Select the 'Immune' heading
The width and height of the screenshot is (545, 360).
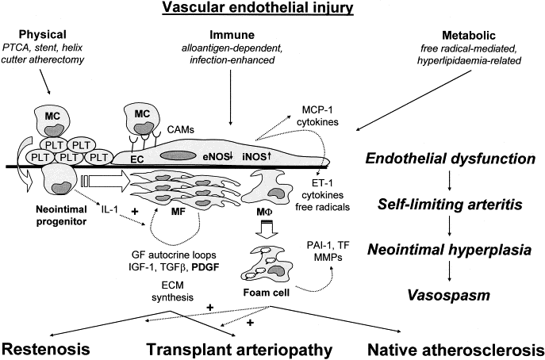231,36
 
